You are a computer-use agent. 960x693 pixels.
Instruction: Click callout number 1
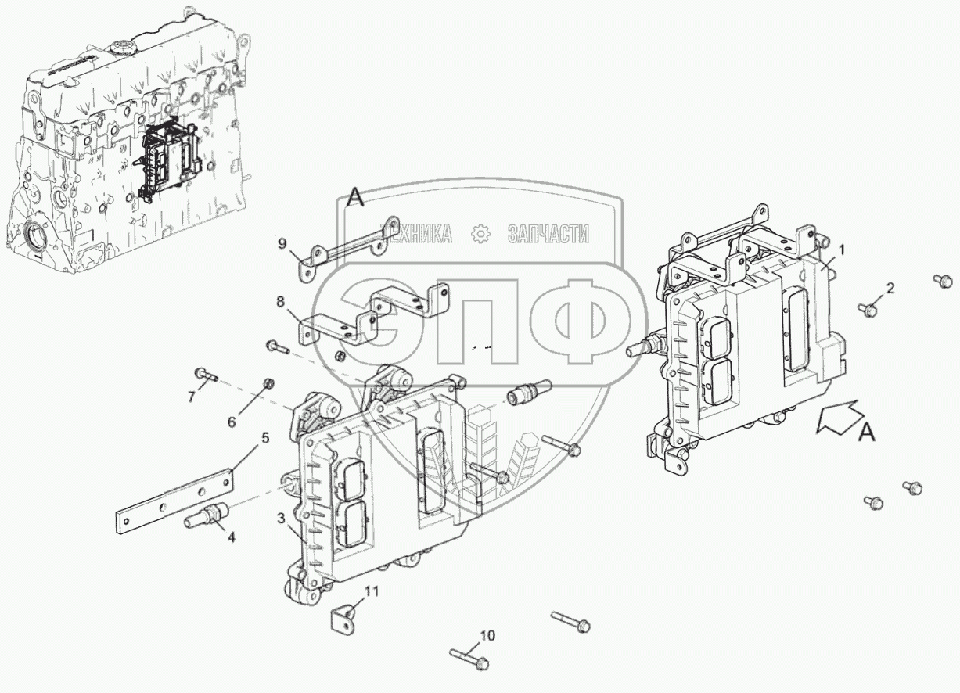(842, 250)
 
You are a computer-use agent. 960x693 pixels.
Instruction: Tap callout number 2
(889, 289)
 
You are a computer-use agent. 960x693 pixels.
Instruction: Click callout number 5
(264, 439)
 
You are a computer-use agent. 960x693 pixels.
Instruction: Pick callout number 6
(231, 422)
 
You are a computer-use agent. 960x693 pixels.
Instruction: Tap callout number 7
(190, 396)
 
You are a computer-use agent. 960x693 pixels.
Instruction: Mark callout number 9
(282, 242)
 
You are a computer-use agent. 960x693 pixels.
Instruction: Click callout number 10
(487, 636)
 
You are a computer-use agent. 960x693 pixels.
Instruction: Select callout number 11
(372, 591)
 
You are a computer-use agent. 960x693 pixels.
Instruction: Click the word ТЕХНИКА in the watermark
(416, 233)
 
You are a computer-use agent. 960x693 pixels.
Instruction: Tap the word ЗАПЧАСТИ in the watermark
(548, 233)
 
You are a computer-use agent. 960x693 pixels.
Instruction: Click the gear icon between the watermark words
(480, 233)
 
